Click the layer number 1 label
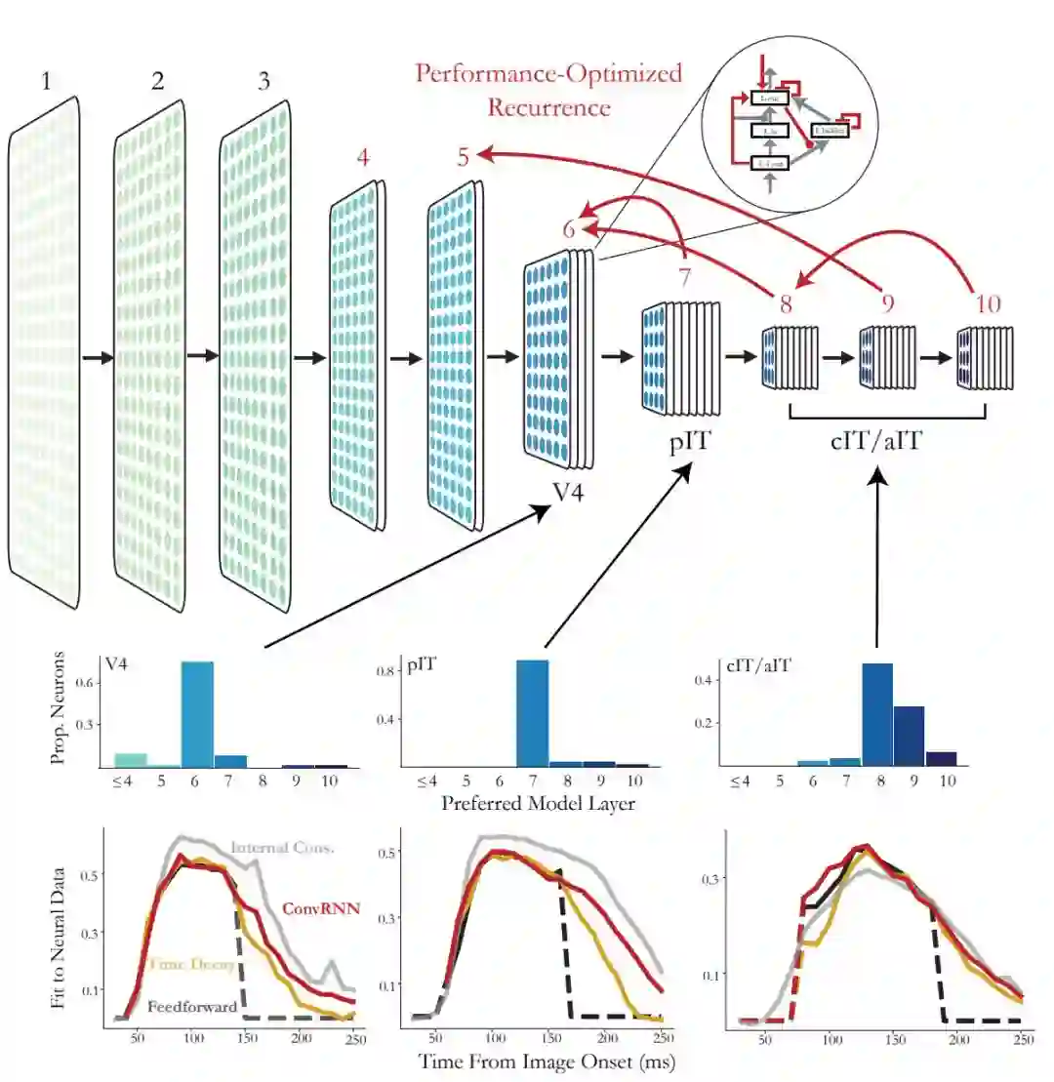pyautogui.click(x=45, y=82)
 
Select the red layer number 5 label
pyautogui.click(x=466, y=155)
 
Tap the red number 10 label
pyautogui.click(x=988, y=303)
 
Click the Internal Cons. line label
pyautogui.click(x=282, y=848)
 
